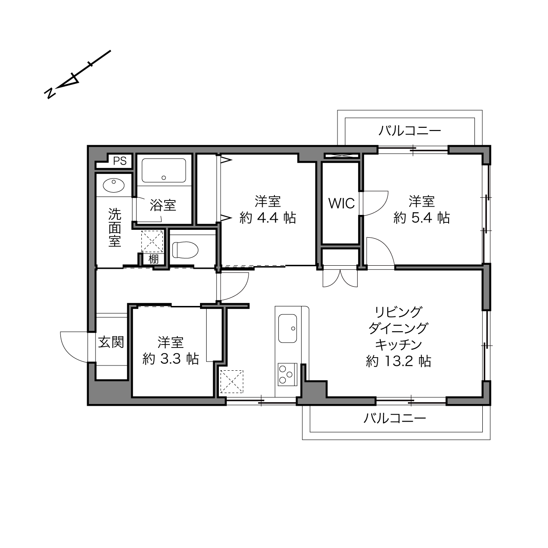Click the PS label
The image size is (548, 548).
coord(120,161)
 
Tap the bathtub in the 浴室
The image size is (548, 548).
coord(164,171)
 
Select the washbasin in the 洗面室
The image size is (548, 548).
coord(113,186)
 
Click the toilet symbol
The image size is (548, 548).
coord(185,250)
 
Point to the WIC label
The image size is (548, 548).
coord(341,204)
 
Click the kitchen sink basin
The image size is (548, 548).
coord(288,328)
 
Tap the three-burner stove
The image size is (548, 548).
coord(287,375)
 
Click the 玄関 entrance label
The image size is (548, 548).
coord(111,342)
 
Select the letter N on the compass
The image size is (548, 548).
coord(50,93)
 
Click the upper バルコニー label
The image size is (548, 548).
coord(410,131)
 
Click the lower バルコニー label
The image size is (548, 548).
coord(395,418)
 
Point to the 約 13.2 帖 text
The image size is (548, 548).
coord(398,362)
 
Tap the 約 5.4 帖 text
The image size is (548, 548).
coord(422,218)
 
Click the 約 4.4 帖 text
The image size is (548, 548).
coord(267,218)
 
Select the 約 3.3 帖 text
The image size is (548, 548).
coord(170,359)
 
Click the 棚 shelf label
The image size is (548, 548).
coord(153,259)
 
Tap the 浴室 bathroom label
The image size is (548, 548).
coord(163,205)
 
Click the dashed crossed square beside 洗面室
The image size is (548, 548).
coord(152,242)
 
